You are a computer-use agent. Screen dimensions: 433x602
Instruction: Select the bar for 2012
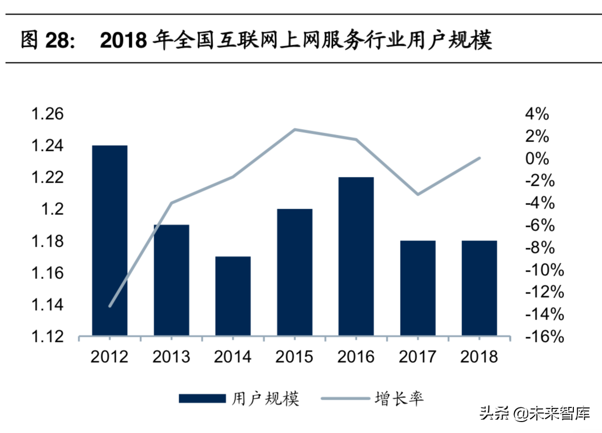[x=109, y=240]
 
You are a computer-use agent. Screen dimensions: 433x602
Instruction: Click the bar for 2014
[x=233, y=296]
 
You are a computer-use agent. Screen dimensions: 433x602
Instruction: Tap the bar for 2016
[x=356, y=256]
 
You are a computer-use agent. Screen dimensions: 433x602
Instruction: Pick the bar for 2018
[x=479, y=288]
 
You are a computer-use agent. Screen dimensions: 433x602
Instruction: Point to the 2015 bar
[x=295, y=272]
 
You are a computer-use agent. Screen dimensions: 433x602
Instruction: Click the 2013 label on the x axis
[x=171, y=356]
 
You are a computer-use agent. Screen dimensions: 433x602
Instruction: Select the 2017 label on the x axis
[x=418, y=356]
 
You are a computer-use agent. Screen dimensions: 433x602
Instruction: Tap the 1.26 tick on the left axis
[x=47, y=114]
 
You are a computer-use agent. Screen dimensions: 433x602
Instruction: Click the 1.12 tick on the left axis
[x=47, y=337]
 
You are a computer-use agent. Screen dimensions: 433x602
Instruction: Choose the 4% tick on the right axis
[x=536, y=114]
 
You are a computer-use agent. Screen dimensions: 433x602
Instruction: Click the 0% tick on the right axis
[x=536, y=159]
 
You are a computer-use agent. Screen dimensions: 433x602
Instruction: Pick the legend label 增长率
[x=399, y=399]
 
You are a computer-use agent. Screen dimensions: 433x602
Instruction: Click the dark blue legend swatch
[x=202, y=399]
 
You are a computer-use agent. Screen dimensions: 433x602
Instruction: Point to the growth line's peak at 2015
[x=295, y=129]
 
